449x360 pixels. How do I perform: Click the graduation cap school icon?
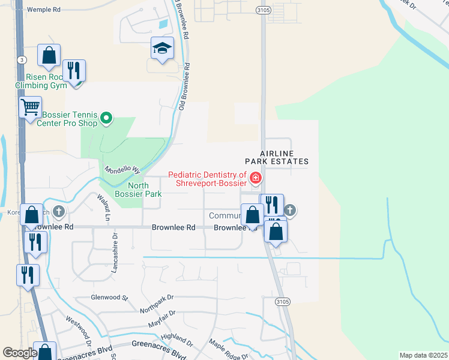point(161,49)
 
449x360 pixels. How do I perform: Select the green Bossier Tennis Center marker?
point(106,118)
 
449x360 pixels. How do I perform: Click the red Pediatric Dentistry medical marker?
point(256,178)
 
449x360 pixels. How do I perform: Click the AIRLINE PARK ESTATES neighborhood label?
point(276,157)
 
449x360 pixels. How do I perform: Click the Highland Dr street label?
point(176,340)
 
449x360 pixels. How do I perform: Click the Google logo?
point(20,353)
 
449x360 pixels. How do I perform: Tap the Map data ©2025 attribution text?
point(423,355)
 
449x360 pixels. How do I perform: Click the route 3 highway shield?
point(22,59)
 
